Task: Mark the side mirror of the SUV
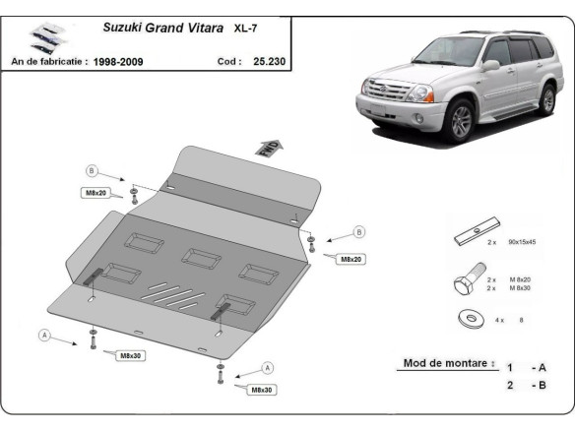point(489,66)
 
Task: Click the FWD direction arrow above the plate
point(269,148)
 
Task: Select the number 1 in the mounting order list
point(509,367)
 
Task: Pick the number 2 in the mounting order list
point(509,385)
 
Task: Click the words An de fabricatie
point(48,61)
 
